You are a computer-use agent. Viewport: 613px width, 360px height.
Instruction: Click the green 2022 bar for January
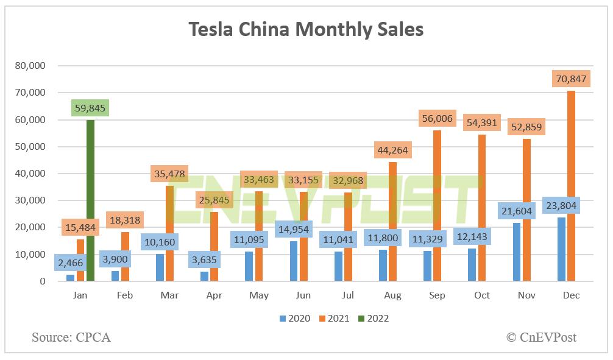[x=90, y=201]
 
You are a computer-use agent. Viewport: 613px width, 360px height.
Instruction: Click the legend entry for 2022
[x=372, y=318]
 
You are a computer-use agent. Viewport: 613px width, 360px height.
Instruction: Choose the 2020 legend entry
[x=295, y=318]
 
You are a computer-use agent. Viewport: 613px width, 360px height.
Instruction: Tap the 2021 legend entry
[x=333, y=318]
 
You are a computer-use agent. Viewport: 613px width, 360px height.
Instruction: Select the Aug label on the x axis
[x=393, y=295]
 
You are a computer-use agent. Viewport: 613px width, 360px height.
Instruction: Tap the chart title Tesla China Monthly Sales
[x=306, y=29]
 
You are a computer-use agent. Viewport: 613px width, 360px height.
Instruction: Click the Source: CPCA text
[x=71, y=337]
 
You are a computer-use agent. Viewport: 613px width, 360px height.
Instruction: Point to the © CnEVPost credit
[x=540, y=337]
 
